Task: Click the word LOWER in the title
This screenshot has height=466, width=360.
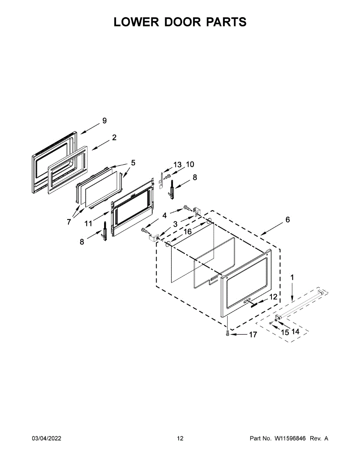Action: click(x=136, y=22)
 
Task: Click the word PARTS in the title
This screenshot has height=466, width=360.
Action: click(x=226, y=22)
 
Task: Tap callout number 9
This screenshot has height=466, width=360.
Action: click(x=104, y=121)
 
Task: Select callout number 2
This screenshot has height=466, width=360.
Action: click(x=114, y=137)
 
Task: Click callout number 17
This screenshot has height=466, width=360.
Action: click(x=253, y=334)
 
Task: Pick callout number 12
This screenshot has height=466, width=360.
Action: click(x=273, y=297)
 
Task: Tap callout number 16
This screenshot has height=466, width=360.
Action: click(x=188, y=231)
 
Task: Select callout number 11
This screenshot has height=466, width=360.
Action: click(x=88, y=224)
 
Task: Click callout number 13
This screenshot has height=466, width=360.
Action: click(x=177, y=165)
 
